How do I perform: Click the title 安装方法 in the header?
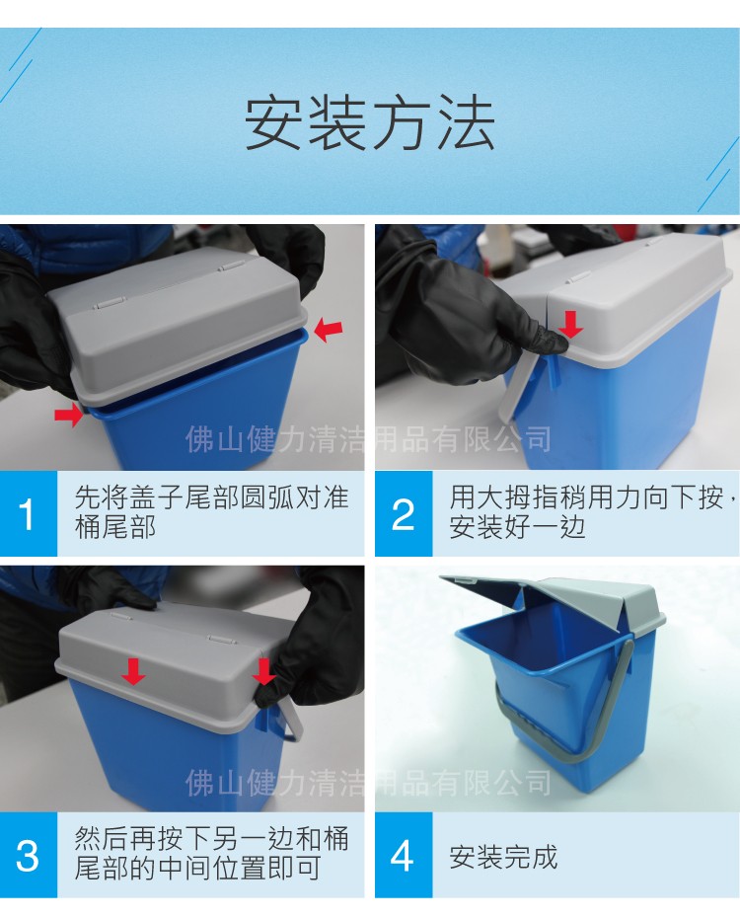[x=369, y=123]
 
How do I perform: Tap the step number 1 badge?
[x=28, y=514]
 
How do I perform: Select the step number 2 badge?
[x=403, y=514]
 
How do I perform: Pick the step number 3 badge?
[x=28, y=855]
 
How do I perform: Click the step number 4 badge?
[x=403, y=855]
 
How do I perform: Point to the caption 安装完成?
[x=503, y=856]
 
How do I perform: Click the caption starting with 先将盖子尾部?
[x=211, y=512]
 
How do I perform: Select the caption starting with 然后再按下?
[x=211, y=854]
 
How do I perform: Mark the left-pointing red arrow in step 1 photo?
[x=328, y=329]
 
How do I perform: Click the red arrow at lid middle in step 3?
[x=133, y=672]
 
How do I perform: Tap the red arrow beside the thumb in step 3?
[x=263, y=672]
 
